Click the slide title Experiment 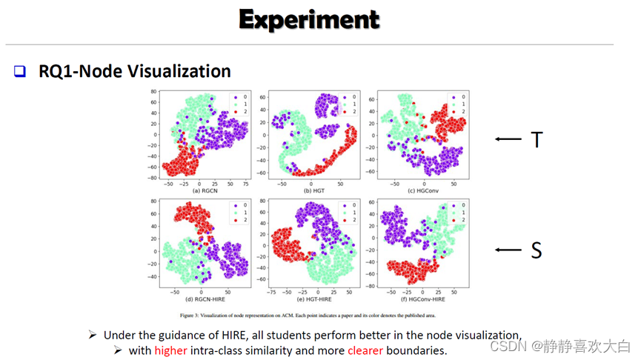tap(309, 19)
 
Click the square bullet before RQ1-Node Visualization tap(20, 72)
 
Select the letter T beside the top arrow tap(537, 139)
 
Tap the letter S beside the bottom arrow tap(536, 250)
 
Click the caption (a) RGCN tap(196, 190)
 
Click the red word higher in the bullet tap(171, 350)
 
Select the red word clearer tap(365, 350)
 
